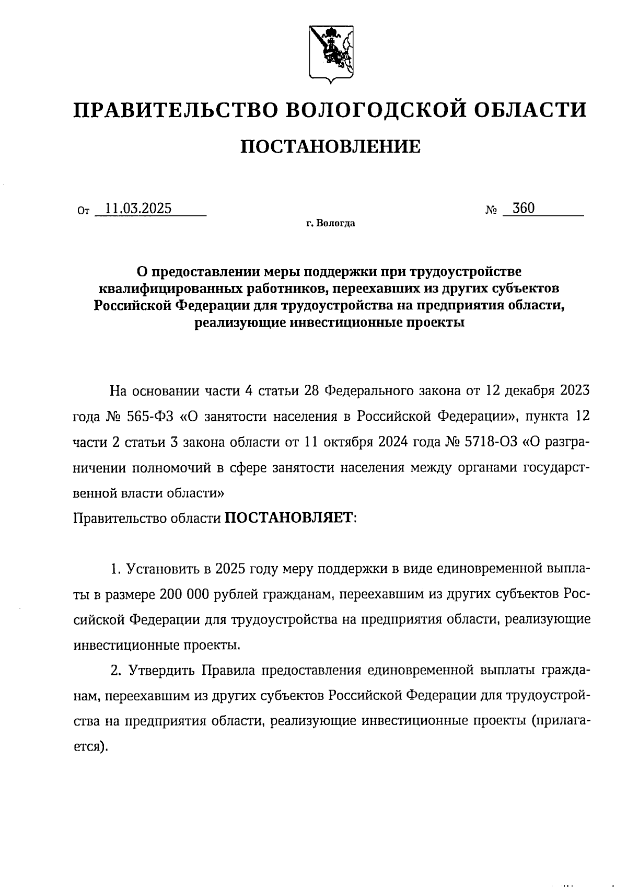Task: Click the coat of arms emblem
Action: click(x=330, y=54)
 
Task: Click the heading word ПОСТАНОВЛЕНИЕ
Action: click(x=330, y=146)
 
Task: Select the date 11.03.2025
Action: click(x=138, y=209)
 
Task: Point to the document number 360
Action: click(x=523, y=208)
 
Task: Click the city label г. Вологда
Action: click(x=330, y=224)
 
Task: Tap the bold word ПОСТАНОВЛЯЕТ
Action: click(x=289, y=518)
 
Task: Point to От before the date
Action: click(x=83, y=211)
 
